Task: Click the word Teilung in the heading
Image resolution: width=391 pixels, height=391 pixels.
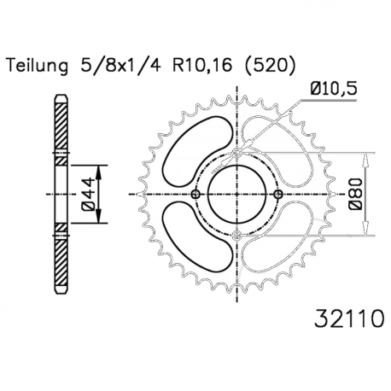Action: pos(38,66)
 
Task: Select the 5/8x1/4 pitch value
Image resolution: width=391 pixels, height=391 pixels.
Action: pos(120,66)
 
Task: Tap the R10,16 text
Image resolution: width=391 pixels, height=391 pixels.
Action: pos(201,66)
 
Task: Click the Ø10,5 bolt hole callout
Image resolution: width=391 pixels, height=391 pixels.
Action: pos(333,89)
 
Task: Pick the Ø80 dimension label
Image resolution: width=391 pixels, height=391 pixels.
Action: pos(356,195)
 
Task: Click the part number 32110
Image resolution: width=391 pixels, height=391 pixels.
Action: pos(349,318)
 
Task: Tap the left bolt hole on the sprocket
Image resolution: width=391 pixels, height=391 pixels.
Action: pos(195,195)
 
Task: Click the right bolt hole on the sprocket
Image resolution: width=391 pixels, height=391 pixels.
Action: pos(278,195)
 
